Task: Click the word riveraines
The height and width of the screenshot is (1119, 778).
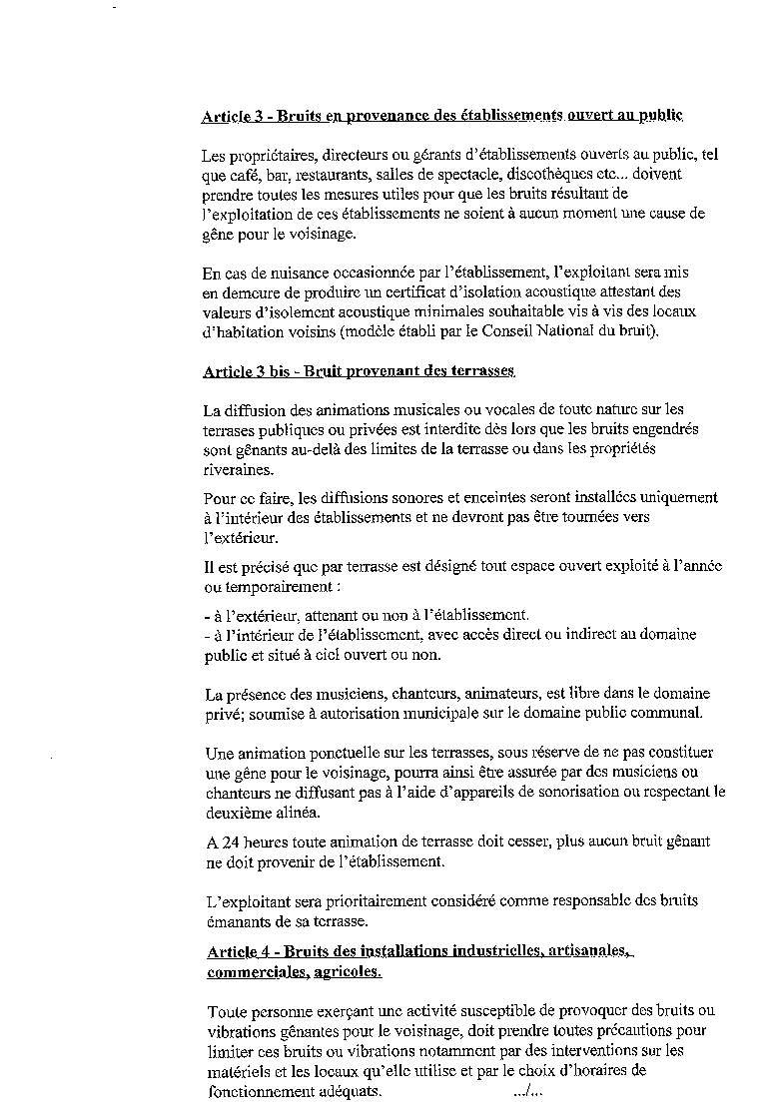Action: click(237, 468)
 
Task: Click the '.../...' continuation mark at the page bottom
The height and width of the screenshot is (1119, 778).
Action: click(527, 1090)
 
